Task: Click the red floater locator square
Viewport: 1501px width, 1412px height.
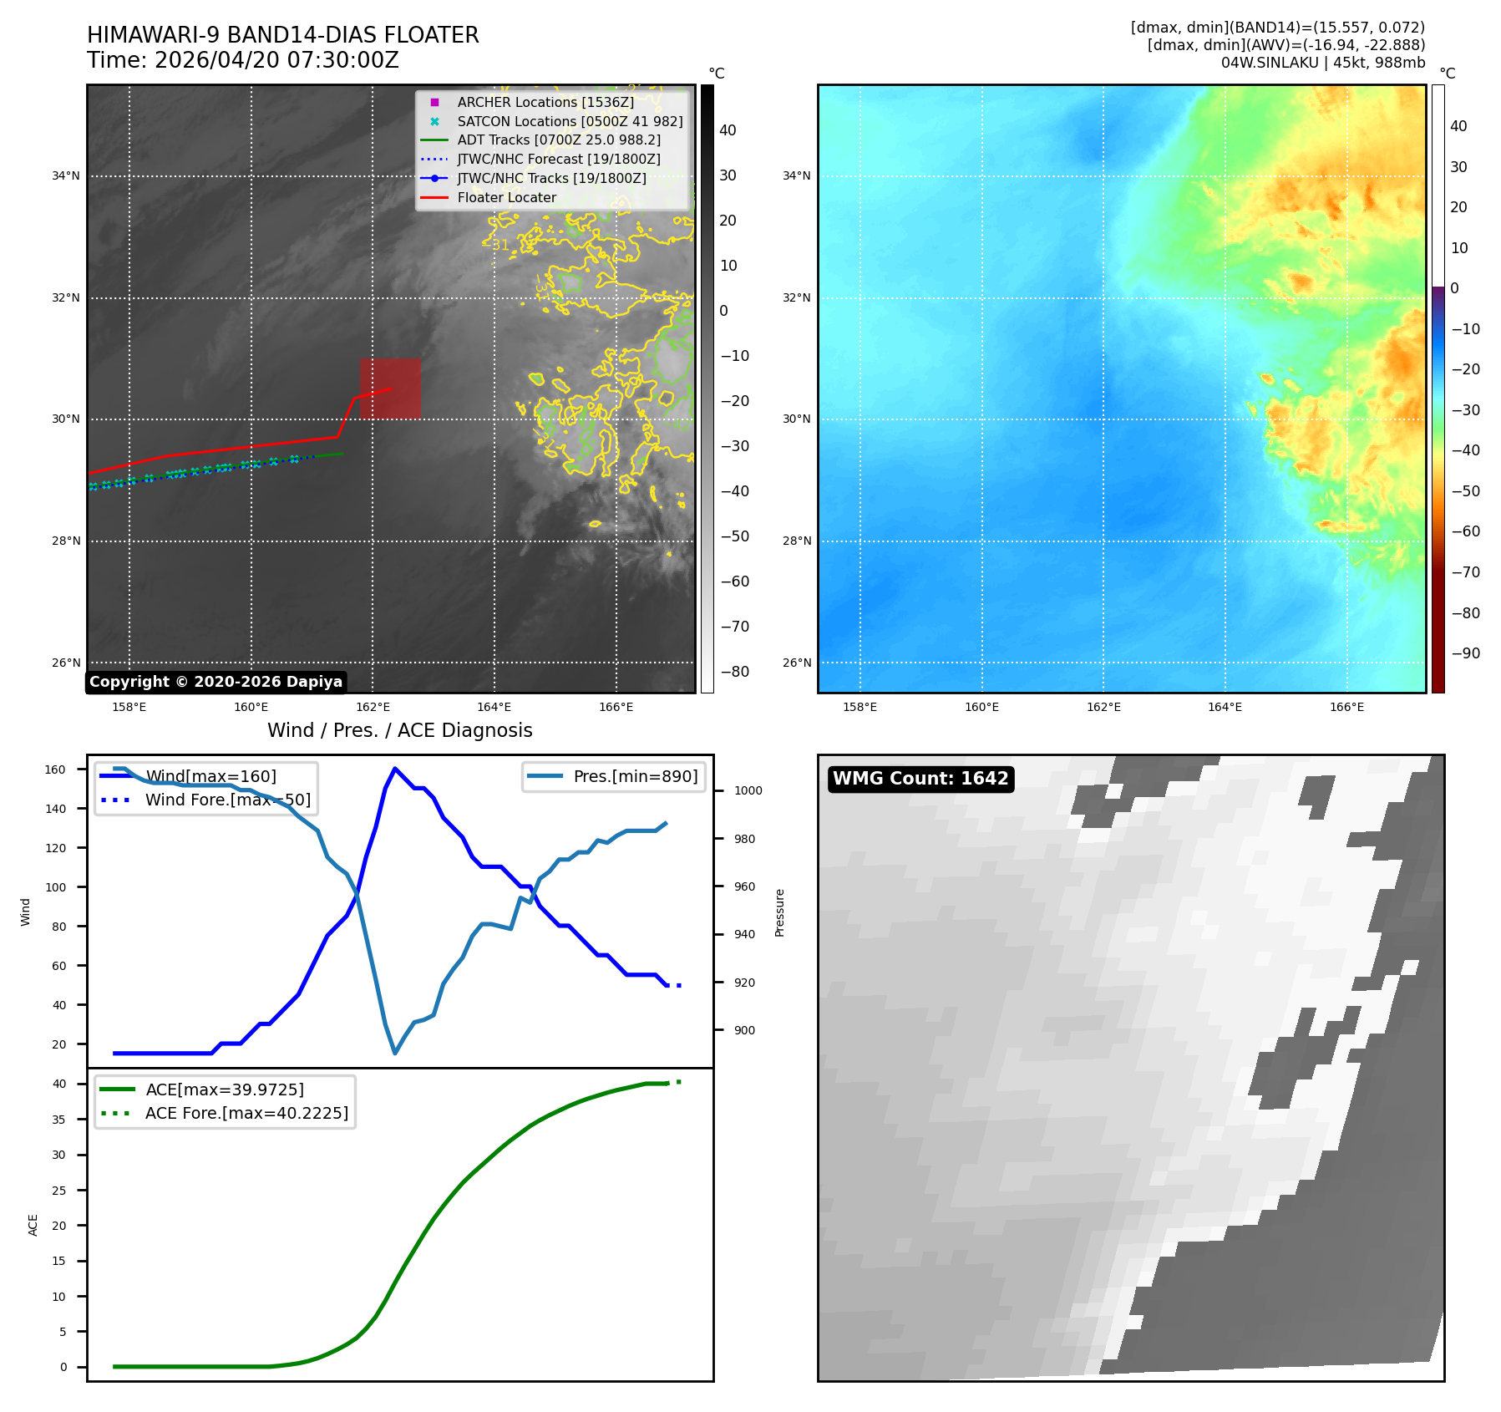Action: [x=390, y=389]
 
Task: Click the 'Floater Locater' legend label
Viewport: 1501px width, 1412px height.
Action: [x=507, y=198]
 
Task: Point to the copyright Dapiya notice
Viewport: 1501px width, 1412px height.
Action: [x=216, y=682]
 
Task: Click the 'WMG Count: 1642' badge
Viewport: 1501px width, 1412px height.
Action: [x=920, y=779]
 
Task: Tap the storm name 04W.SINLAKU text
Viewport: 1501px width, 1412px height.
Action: [x=1270, y=63]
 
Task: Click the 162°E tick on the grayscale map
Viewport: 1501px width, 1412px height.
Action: [x=373, y=707]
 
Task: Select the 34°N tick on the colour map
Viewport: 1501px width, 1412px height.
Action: [x=796, y=175]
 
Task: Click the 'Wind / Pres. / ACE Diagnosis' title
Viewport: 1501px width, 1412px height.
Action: [x=400, y=730]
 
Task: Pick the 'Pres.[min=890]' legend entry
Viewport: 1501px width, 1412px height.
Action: [x=614, y=776]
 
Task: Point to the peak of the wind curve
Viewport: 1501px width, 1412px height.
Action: [x=394, y=769]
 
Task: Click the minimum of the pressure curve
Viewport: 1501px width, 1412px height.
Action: [x=395, y=1053]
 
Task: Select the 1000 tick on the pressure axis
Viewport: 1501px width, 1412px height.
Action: [x=748, y=790]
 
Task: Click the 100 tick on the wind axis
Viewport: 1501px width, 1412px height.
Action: [x=55, y=887]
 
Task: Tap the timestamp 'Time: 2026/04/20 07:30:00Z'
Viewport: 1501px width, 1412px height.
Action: [x=243, y=60]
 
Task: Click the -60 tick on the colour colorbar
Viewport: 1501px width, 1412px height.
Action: [x=1465, y=531]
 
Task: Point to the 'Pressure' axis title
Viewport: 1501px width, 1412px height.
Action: [x=779, y=912]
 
